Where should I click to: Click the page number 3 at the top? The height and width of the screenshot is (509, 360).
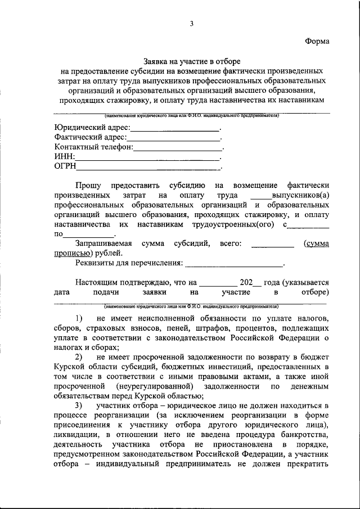point(192,23)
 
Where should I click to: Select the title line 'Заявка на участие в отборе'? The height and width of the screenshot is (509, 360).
point(192,61)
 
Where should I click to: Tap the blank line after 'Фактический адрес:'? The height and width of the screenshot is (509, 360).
point(174,137)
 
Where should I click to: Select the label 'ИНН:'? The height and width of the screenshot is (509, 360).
point(65,157)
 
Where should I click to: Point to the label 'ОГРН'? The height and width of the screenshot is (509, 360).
point(65,166)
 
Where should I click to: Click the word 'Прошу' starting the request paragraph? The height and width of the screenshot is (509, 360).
point(88,185)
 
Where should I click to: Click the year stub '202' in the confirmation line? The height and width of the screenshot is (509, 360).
point(246,282)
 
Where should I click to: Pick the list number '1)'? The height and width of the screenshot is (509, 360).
point(79,318)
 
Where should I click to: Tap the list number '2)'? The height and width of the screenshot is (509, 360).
point(79,357)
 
